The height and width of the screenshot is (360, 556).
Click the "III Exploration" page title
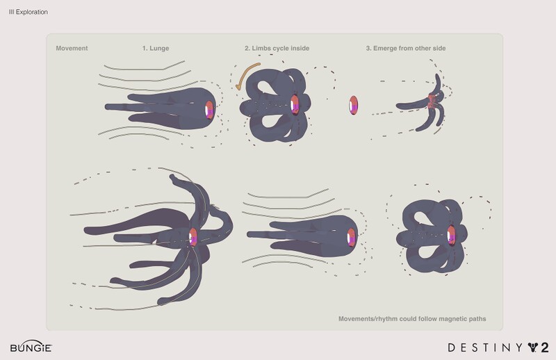pyautogui.click(x=28, y=13)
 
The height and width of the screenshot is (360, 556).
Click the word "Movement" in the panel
pyautogui.click(x=72, y=48)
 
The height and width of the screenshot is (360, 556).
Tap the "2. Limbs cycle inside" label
pyautogui.click(x=277, y=48)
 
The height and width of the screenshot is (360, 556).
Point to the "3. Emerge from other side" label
pyautogui.click(x=405, y=48)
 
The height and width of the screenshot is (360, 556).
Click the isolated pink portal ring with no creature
pyautogui.click(x=354, y=106)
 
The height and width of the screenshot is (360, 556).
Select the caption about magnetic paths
pyautogui.click(x=411, y=319)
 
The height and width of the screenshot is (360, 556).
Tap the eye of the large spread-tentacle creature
pyautogui.click(x=194, y=236)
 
